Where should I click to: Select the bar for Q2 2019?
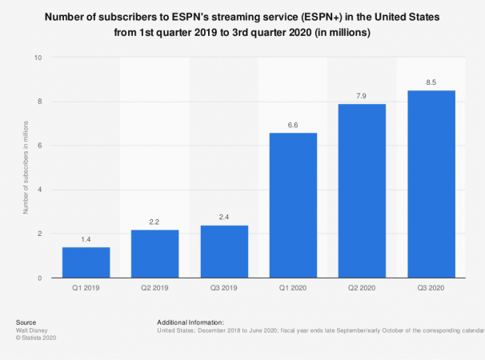pos(154,254)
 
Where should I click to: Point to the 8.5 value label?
pos(431,82)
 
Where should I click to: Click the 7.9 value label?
pos(362,95)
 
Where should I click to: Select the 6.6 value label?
pos(293,124)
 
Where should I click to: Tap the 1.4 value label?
pos(86,238)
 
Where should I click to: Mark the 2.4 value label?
pos(224,217)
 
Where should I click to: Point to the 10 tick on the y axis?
pos(37,58)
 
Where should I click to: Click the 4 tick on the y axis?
pos(38,190)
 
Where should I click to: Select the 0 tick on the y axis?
pos(38,278)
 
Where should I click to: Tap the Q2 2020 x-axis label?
pos(362,290)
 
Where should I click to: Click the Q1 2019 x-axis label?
pos(86,290)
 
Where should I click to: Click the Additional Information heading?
pos(190,322)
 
